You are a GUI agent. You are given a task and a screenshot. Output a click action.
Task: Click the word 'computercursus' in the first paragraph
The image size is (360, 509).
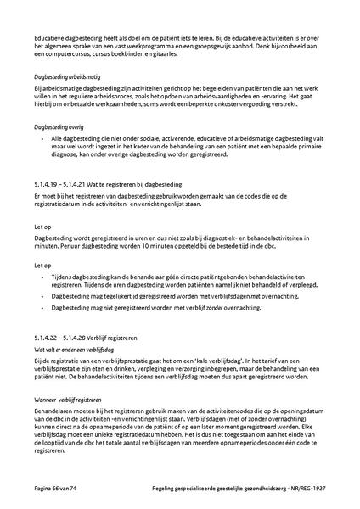[67, 54]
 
